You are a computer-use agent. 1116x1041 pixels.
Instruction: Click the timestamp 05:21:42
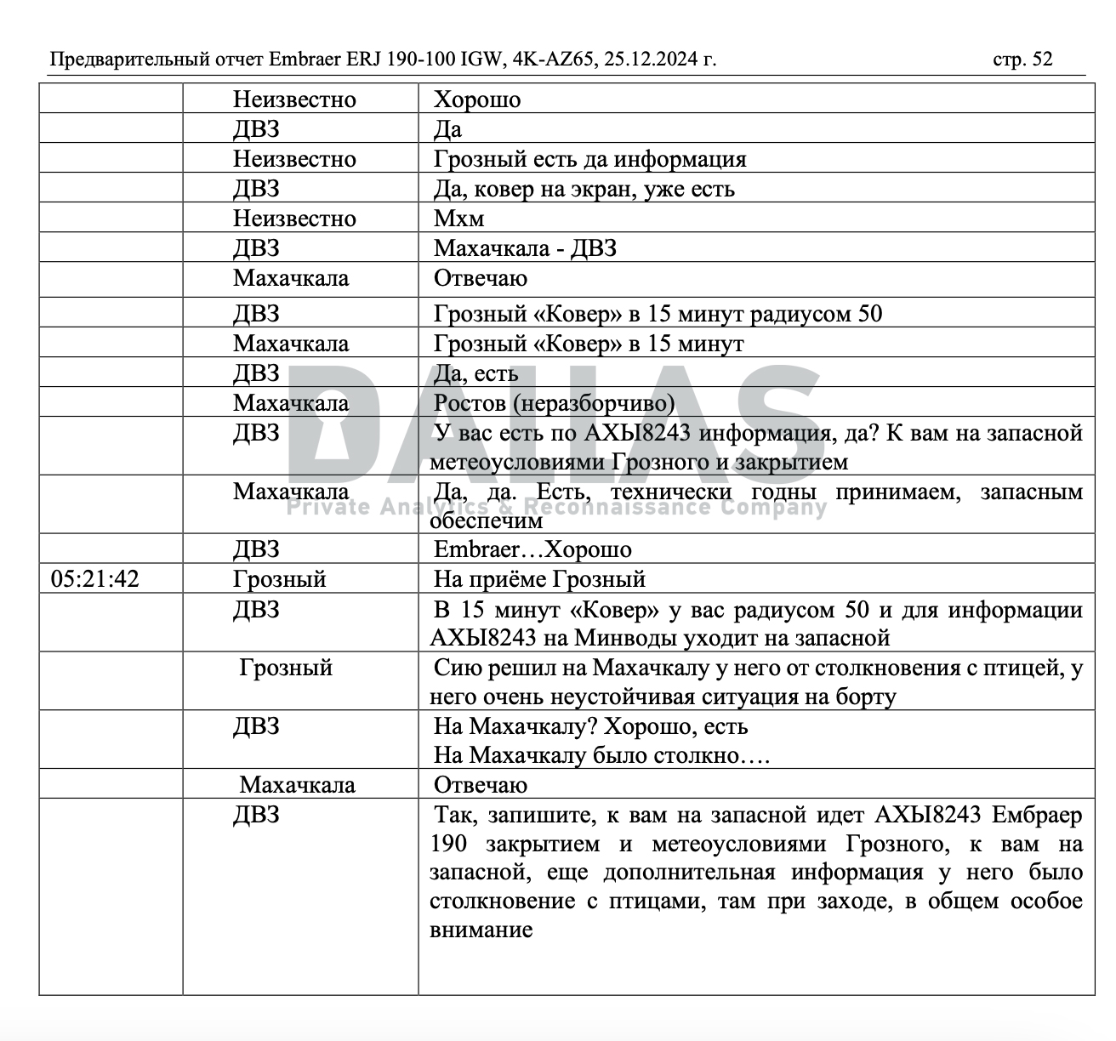pyautogui.click(x=94, y=579)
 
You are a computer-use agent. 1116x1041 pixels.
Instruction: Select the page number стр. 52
pyautogui.click(x=1022, y=59)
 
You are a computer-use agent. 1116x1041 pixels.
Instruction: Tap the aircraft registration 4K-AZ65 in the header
pyautogui.click(x=554, y=59)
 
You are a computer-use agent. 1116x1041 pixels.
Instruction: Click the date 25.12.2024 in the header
pyautogui.click(x=660, y=59)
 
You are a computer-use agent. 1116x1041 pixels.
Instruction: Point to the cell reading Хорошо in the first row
pyautogui.click(x=477, y=100)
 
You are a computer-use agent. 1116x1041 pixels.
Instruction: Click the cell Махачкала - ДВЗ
pyautogui.click(x=525, y=248)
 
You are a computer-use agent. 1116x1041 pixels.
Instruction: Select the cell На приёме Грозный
pyautogui.click(x=539, y=579)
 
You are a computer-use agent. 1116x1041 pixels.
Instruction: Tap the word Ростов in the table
pyautogui.click(x=469, y=402)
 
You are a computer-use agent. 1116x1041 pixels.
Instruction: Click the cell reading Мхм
pyautogui.click(x=458, y=219)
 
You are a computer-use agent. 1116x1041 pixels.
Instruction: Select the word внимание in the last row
pyautogui.click(x=481, y=929)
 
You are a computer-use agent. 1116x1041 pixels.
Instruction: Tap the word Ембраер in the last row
pyautogui.click(x=1038, y=816)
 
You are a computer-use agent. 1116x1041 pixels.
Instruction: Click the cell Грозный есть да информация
pyautogui.click(x=589, y=159)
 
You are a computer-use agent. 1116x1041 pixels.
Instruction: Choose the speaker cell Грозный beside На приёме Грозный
pyautogui.click(x=280, y=579)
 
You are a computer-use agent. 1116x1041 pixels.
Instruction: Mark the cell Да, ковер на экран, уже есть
pyautogui.click(x=584, y=189)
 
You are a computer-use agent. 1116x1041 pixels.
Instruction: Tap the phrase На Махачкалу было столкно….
pyautogui.click(x=601, y=755)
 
